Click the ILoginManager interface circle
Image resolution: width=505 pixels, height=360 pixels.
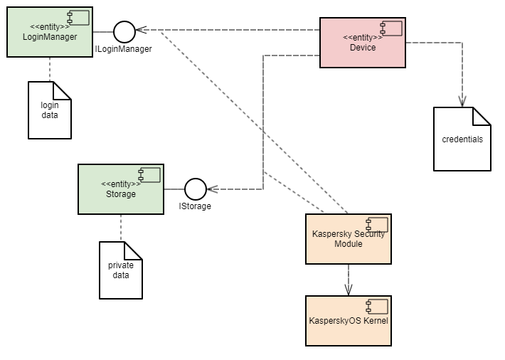pos(124,31)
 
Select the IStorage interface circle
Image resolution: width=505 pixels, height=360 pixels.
pos(195,189)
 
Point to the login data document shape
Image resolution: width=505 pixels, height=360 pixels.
pos(50,111)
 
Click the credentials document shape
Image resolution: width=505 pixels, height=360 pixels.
pos(462,139)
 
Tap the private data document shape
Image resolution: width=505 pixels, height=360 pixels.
pos(120,271)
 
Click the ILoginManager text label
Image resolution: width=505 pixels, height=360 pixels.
pos(124,49)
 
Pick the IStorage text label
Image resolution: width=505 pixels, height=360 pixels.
pos(195,206)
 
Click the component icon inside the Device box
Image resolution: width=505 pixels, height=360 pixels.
pos(390,28)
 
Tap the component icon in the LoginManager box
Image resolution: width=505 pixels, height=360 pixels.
pos(78,18)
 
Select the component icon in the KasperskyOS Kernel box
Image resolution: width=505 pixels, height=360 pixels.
pos(376,307)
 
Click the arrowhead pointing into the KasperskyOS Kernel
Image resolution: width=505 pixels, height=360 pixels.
pos(349,290)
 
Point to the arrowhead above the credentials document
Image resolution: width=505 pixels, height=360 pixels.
pos(462,101)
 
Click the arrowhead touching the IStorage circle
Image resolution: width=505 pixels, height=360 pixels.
pos(211,189)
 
